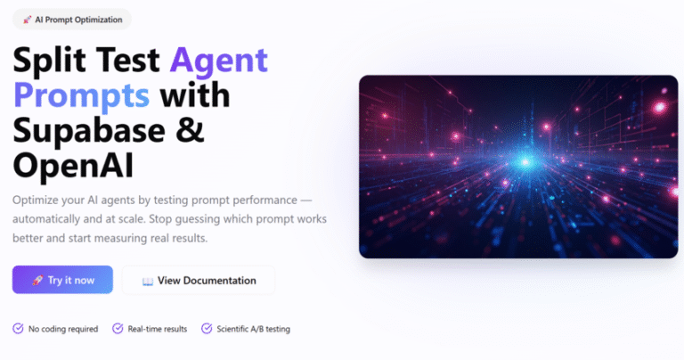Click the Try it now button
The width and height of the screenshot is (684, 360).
[x=62, y=280]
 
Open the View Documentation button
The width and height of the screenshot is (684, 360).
[x=199, y=280]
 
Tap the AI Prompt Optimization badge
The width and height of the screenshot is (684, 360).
[x=72, y=20]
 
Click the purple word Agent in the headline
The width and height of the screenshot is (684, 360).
[x=218, y=61]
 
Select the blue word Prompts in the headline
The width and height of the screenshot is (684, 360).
[x=82, y=96]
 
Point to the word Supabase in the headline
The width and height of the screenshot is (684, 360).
[x=89, y=129]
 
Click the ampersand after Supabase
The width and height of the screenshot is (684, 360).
[x=191, y=129]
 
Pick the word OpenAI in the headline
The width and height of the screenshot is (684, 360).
[x=73, y=166]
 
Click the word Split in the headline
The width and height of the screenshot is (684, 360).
[x=49, y=61]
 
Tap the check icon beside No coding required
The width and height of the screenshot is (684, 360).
[x=18, y=328]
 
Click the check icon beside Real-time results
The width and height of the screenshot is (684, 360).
[x=118, y=328]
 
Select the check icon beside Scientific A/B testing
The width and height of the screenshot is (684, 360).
[x=207, y=328]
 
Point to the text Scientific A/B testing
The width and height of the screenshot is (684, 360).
[x=254, y=329]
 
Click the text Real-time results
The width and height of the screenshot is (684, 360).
[x=158, y=329]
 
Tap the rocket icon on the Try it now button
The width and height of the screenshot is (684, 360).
[x=37, y=280]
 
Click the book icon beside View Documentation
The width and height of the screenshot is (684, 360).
[x=148, y=281]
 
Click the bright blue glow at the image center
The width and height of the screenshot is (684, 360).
[x=525, y=162]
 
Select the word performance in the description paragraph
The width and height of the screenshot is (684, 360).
[x=265, y=200]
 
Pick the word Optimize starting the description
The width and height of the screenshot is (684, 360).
[x=35, y=200]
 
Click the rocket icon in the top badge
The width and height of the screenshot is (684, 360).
[x=28, y=20]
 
